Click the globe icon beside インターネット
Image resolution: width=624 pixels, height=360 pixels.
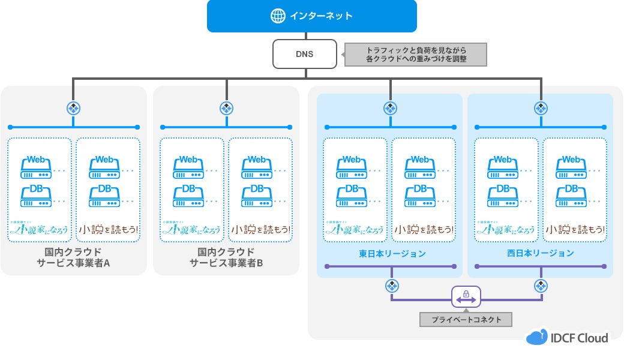pyautogui.click(x=278, y=16)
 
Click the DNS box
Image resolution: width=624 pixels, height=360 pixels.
pyautogui.click(x=304, y=54)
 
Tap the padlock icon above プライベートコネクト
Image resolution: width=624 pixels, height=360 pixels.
pyautogui.click(x=466, y=296)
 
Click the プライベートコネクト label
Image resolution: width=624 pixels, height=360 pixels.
pyautogui.click(x=466, y=319)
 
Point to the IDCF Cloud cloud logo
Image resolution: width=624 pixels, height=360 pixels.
pyautogui.click(x=537, y=337)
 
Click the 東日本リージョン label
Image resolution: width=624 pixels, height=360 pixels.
pyautogui.click(x=392, y=253)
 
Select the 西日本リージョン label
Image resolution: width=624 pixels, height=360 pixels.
pyautogui.click(x=540, y=253)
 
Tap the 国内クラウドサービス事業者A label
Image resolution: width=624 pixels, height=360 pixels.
pyautogui.click(x=73, y=257)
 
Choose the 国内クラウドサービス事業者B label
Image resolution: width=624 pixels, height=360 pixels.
pyautogui.click(x=226, y=257)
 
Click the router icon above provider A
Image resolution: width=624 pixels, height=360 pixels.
pyautogui.click(x=73, y=108)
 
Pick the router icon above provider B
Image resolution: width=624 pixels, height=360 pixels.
pyautogui.click(x=226, y=108)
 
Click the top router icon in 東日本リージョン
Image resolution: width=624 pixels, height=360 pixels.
pyautogui.click(x=391, y=108)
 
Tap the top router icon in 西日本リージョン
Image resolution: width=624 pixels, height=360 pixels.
pyautogui.click(x=541, y=108)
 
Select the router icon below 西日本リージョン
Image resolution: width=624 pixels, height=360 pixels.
pyautogui.click(x=541, y=285)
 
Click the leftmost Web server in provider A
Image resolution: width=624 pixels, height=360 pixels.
pyautogui.click(x=36, y=167)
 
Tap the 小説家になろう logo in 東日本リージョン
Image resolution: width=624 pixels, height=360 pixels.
pyautogui.click(x=354, y=229)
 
